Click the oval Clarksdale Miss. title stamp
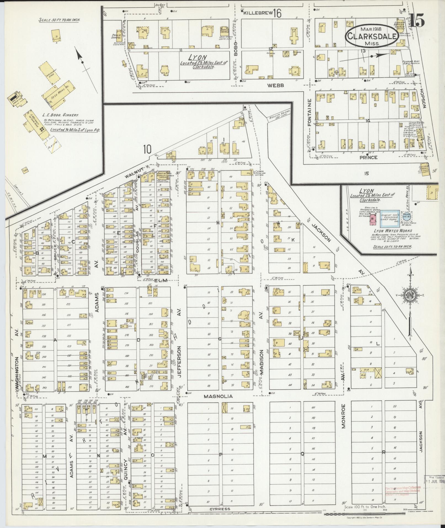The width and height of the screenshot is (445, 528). (x=371, y=36)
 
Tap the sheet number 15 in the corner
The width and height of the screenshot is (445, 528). (x=417, y=20)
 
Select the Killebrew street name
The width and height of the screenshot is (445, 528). (x=258, y=12)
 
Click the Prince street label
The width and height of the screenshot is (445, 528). (x=369, y=157)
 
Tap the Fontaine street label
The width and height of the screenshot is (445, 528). (x=310, y=112)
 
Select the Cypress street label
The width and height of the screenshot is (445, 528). (x=219, y=509)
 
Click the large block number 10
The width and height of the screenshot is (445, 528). (x=147, y=150)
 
